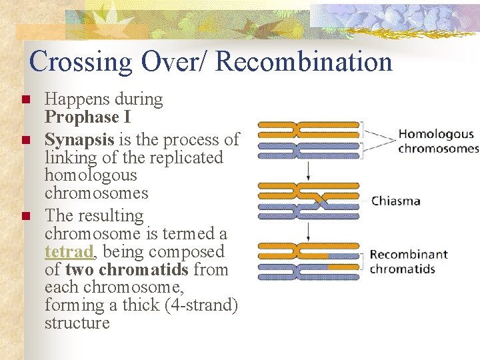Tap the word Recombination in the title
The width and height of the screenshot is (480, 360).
click(304, 61)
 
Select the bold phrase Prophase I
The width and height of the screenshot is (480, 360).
click(87, 117)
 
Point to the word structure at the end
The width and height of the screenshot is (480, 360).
click(77, 323)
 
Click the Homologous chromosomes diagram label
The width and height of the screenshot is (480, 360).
click(437, 141)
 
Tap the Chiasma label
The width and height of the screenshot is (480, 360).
click(395, 201)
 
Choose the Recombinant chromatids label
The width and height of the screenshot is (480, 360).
click(408, 262)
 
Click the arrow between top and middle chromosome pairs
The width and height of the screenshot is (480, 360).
click(308, 171)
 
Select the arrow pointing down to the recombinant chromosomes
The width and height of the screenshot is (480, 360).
click(308, 231)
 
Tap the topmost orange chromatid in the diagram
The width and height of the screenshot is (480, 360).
click(308, 125)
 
